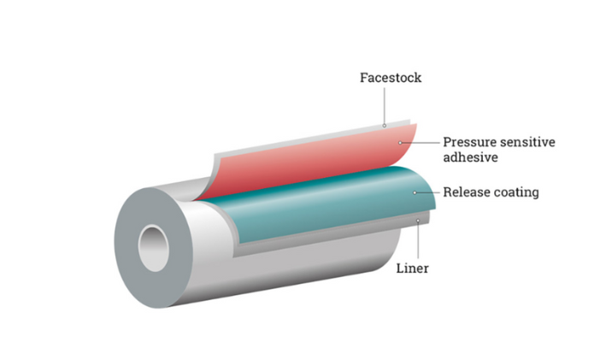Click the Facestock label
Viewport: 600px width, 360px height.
pos(391,79)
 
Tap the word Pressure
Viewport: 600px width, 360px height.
pos(470,142)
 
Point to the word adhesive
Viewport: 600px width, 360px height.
pos(471,157)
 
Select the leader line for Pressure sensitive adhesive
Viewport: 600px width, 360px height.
pos(426,141)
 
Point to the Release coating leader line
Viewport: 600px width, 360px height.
pos(429,192)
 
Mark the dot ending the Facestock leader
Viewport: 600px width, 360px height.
pos(385,126)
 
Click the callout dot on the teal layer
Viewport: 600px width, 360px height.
pos(415,192)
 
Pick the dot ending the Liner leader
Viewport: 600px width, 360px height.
pos(418,221)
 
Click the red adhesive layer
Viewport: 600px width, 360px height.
pos(299,162)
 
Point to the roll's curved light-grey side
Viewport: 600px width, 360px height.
pos(282,274)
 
